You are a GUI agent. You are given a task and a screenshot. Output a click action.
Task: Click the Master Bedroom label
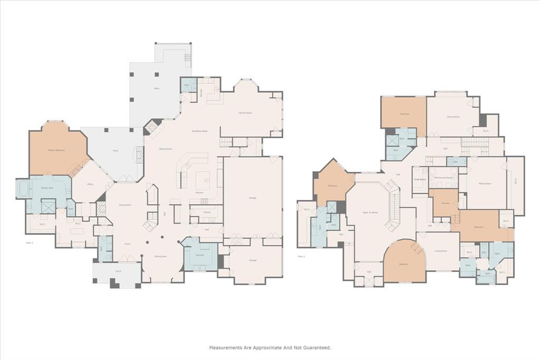[x=56, y=150]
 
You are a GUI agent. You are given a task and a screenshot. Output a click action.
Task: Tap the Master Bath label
[x=48, y=188]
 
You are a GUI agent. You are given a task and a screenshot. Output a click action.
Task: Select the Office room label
[x=90, y=184]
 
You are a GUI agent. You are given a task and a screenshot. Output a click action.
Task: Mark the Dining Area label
[x=161, y=256]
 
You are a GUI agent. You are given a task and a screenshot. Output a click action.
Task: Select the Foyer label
[x=127, y=244]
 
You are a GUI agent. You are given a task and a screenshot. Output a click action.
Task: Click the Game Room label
[x=453, y=116]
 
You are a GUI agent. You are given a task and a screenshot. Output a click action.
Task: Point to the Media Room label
[x=485, y=183]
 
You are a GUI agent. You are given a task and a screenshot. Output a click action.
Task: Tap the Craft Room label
[x=420, y=179]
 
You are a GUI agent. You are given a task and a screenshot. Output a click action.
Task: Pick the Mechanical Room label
[x=443, y=178]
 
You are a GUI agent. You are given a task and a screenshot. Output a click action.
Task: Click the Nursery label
[x=446, y=203]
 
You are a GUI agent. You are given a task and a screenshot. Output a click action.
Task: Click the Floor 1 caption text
[x=30, y=243]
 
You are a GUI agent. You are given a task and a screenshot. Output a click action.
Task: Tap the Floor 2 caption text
[x=301, y=257]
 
